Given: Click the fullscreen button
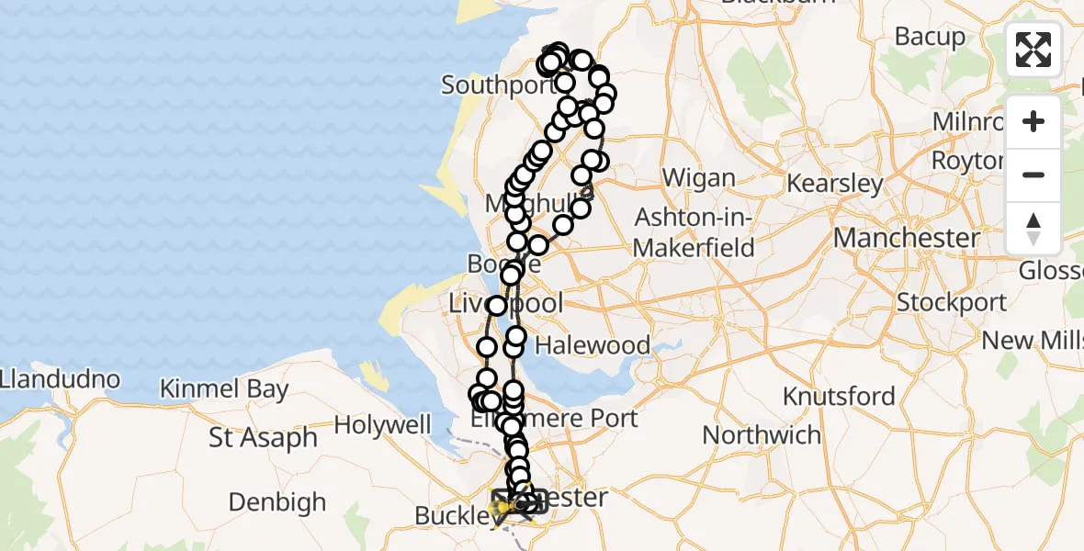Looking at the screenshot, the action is coord(1033,50).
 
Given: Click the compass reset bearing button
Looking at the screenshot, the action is coord(1033,229).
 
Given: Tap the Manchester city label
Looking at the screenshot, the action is coord(906,238).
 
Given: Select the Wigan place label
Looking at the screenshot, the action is coord(698,178).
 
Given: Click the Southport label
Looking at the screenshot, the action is coord(497,85).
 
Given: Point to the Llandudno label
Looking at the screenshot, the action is coord(60,378).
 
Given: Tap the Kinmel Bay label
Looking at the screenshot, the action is coord(224,388).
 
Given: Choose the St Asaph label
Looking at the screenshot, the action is coord(263,438).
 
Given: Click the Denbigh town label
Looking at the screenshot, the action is coord(277,502).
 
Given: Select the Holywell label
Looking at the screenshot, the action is coord(382,425).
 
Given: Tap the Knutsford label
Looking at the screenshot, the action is coord(839,397).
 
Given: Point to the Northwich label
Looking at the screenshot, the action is coord(762,434).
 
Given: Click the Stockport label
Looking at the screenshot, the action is coord(951,302).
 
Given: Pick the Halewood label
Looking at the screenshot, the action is coord(593,345).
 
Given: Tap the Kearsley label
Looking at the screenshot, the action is coord(835,183).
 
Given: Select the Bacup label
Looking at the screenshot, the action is coord(930,38).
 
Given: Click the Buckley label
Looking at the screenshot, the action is coord(451,516).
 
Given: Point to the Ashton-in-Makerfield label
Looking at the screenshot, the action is coord(694,232).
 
